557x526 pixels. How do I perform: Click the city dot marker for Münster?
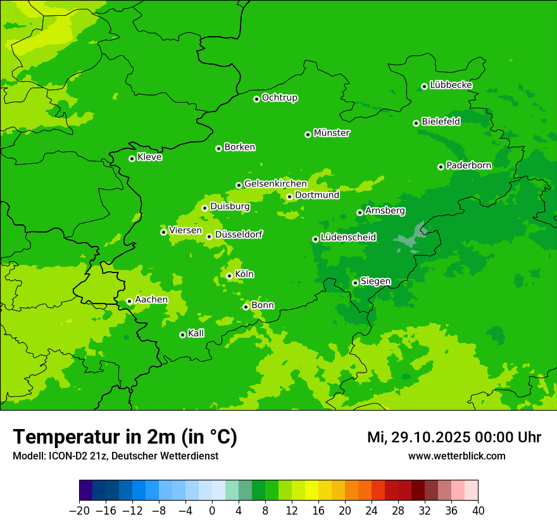[x=308, y=134]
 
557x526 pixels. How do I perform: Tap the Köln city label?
[x=244, y=274]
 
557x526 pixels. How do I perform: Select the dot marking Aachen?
[x=129, y=302]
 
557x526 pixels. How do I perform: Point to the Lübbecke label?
[x=451, y=85]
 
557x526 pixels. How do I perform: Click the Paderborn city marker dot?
[x=441, y=167]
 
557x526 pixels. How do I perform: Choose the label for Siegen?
[x=375, y=281]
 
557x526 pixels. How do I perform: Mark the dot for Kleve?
[x=132, y=158]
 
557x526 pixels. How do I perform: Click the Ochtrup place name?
[x=280, y=98]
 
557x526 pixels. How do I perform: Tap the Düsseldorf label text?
[x=239, y=234]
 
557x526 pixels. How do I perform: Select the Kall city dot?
[x=182, y=335]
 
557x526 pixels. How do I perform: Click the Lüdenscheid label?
[x=348, y=238]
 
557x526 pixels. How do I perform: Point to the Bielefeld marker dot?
[x=416, y=123]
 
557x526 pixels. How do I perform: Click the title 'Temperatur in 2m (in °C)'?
[x=125, y=437]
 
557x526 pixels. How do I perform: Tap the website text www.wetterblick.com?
[x=456, y=456]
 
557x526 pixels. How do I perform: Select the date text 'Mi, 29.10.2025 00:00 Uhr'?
[x=454, y=437]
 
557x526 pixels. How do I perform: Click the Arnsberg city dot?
[x=360, y=212]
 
